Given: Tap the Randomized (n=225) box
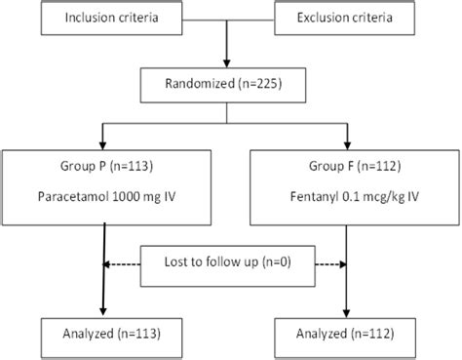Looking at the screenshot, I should click(x=227, y=87).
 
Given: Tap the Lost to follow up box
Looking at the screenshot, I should click(x=227, y=263).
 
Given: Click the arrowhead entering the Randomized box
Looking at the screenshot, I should click(x=227, y=63).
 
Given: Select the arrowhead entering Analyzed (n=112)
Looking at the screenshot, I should click(x=346, y=310).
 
